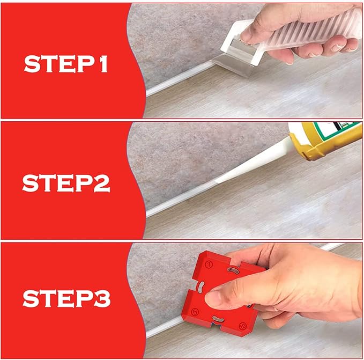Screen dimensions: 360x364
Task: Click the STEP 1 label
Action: click(66, 64)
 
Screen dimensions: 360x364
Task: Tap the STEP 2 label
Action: click(66, 182)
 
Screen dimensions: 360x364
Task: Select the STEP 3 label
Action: click(66, 298)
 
